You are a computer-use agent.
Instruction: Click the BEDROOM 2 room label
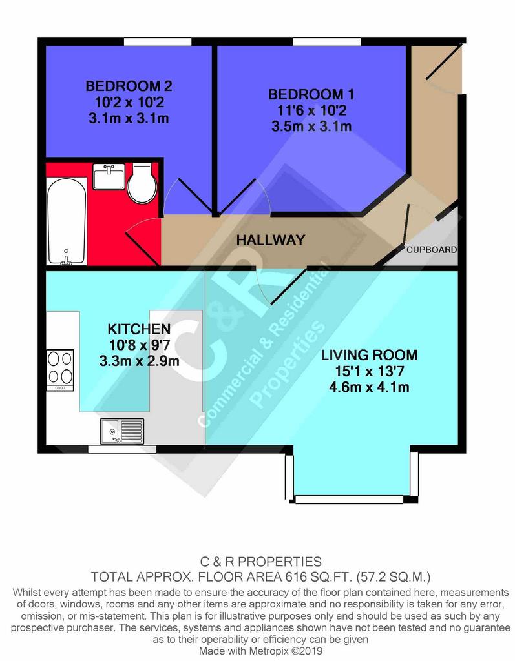pyautogui.click(x=129, y=86)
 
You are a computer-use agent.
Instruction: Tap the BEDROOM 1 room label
pyautogui.click(x=311, y=94)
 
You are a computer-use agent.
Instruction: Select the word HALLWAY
pyautogui.click(x=271, y=240)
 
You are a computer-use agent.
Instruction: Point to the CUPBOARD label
pyautogui.click(x=432, y=250)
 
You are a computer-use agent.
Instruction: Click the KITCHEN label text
pyautogui.click(x=139, y=329)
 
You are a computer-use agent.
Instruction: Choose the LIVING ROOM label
pyautogui.click(x=369, y=355)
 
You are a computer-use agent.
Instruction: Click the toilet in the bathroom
pyautogui.click(x=142, y=183)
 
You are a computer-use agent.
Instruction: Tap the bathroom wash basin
pyautogui.click(x=109, y=177)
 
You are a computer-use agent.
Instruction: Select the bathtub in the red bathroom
pyautogui.click(x=67, y=221)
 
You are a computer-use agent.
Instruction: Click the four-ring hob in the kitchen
pyautogui.click(x=60, y=370)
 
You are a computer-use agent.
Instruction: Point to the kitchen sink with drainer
pyautogui.click(x=122, y=431)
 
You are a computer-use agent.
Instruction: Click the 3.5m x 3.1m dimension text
pyautogui.click(x=311, y=126)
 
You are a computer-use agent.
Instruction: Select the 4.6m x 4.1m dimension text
pyautogui.click(x=370, y=387)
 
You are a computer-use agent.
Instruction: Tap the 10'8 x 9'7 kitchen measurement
pyautogui.click(x=140, y=345)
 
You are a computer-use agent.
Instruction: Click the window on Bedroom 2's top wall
pyautogui.click(x=158, y=42)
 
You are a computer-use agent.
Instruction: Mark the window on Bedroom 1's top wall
pyautogui.click(x=327, y=42)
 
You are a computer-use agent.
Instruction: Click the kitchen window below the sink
pyautogui.click(x=122, y=450)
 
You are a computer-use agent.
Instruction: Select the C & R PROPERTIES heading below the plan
pyautogui.click(x=260, y=562)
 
